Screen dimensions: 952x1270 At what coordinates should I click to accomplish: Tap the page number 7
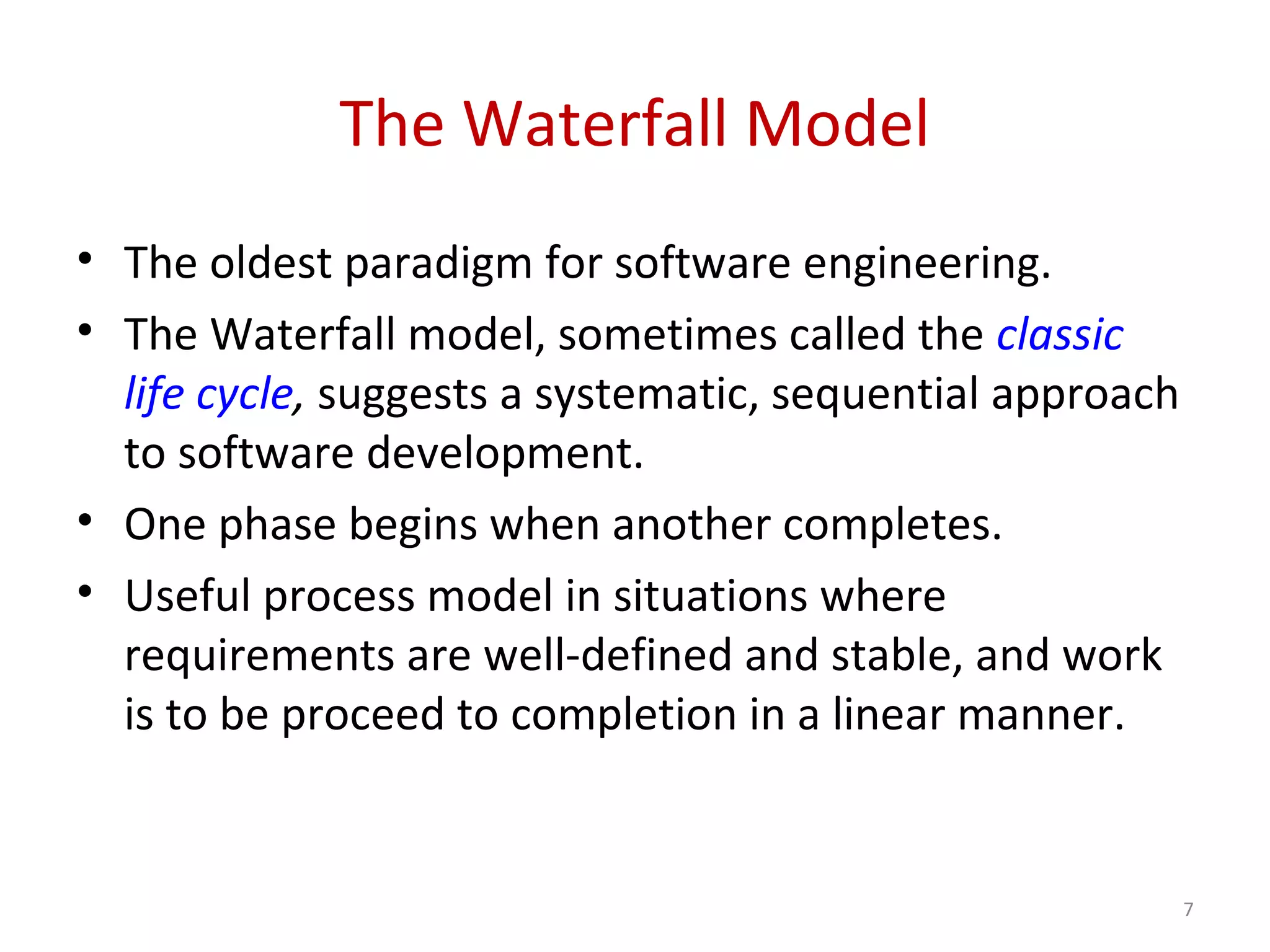(x=1188, y=909)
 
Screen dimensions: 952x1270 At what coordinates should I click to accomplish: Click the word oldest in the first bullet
(x=270, y=263)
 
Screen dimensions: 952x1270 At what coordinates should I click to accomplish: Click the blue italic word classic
(x=1060, y=335)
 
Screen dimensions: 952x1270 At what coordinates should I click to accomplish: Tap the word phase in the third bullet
(x=277, y=526)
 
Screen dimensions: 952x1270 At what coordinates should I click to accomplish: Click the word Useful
(x=188, y=596)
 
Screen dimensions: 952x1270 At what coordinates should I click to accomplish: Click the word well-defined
(x=608, y=655)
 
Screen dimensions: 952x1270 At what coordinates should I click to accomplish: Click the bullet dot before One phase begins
(x=86, y=520)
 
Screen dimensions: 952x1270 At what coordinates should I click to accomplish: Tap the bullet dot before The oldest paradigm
(x=86, y=258)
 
